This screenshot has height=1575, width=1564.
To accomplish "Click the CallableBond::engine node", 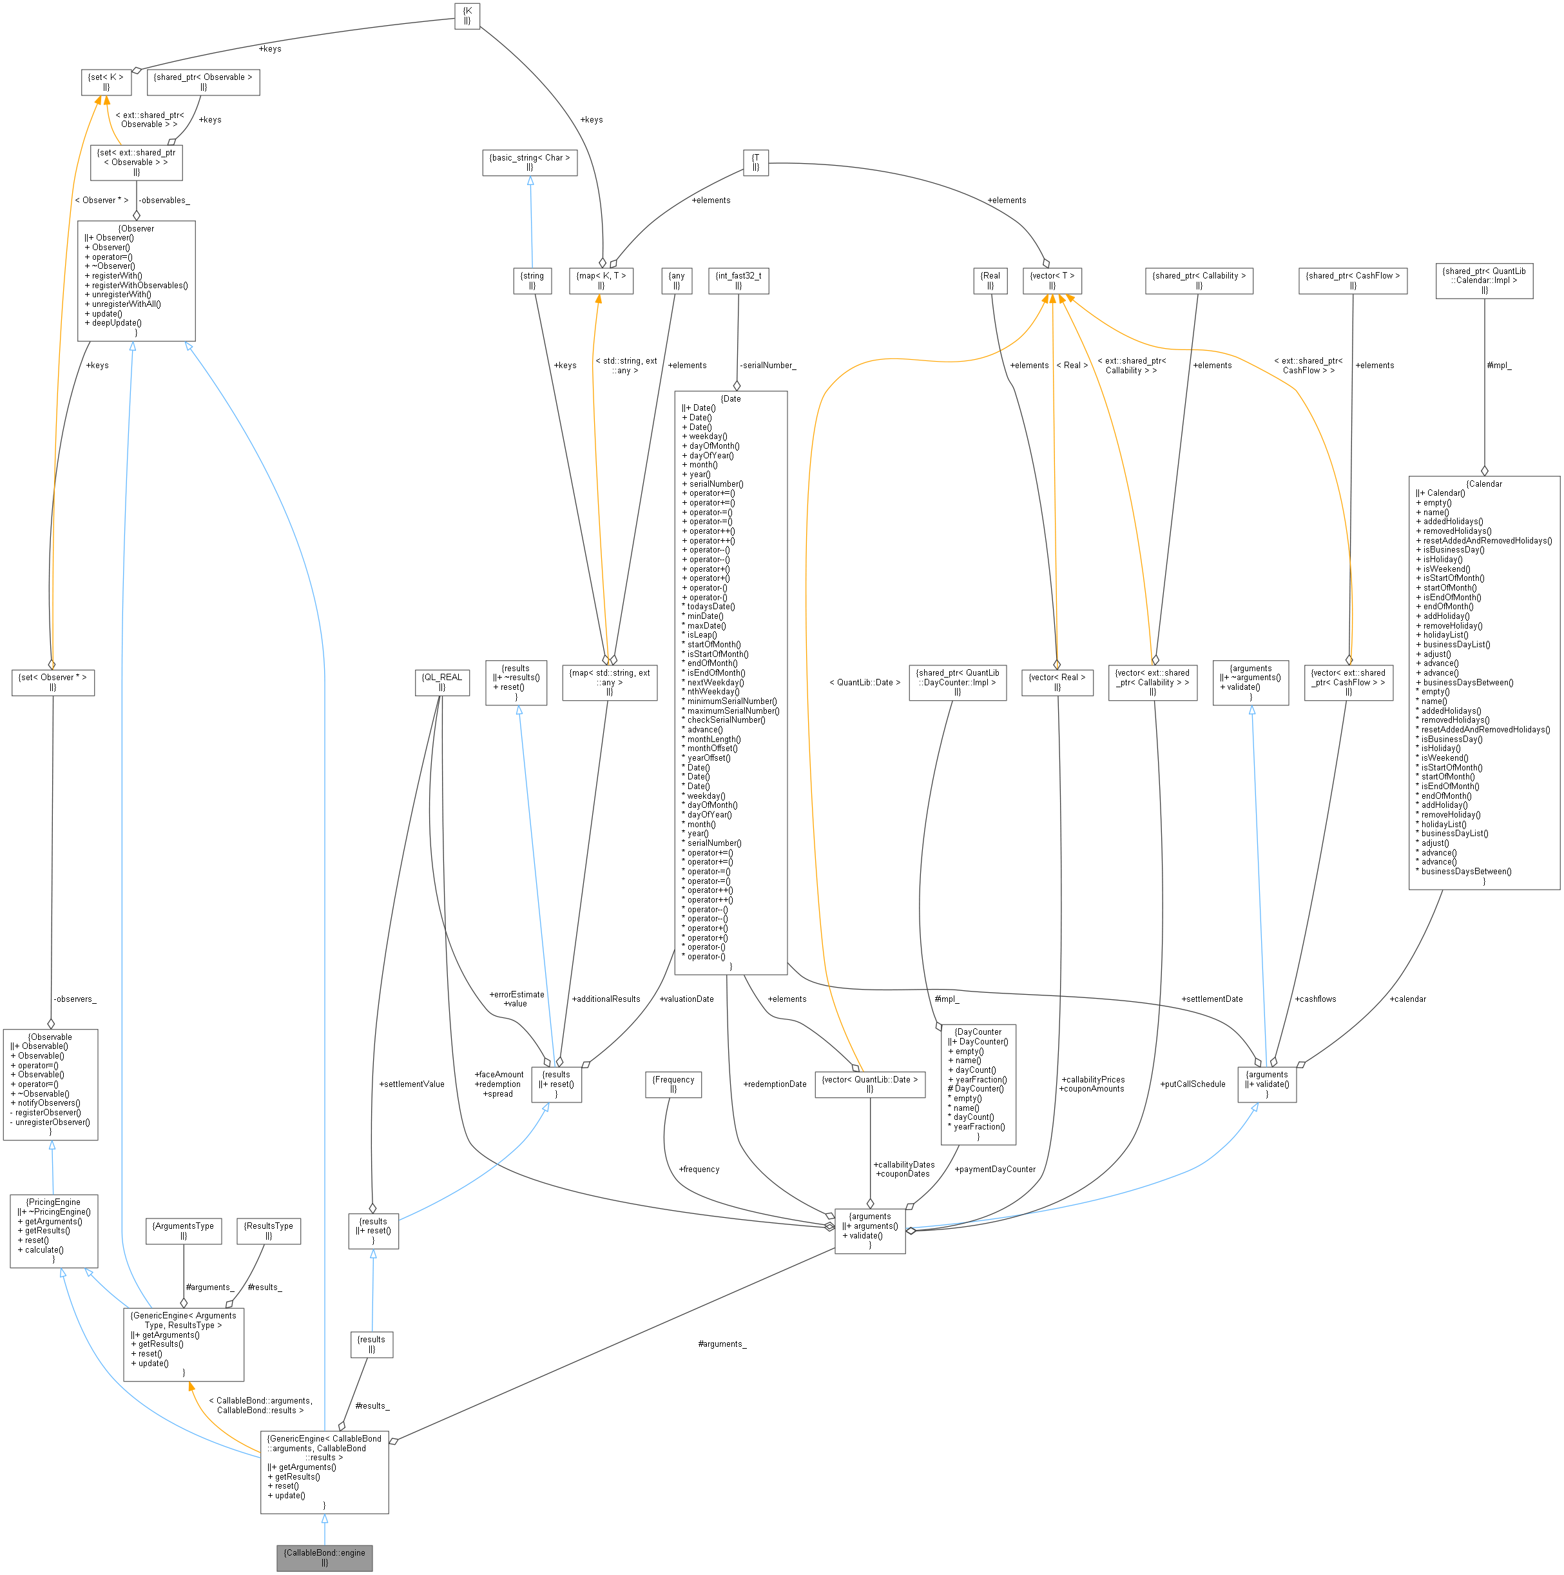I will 324,1557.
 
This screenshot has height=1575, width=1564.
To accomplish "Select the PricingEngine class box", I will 53,1231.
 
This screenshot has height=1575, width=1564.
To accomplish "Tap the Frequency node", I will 673,1084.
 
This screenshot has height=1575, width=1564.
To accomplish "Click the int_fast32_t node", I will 738,280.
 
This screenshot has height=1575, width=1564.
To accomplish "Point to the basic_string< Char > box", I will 530,162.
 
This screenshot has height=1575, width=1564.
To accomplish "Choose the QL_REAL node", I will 441,681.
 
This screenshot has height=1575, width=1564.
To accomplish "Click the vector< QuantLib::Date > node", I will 869,1084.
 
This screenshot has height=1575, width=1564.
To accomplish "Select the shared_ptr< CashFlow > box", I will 1353,280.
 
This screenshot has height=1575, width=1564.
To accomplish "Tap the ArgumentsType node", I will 184,1231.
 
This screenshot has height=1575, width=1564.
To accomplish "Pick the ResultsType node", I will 268,1231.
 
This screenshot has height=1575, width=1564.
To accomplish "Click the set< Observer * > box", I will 53,681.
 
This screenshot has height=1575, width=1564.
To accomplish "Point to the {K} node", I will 467,15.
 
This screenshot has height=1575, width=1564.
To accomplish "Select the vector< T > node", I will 1052,280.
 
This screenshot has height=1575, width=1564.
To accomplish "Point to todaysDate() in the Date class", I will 711,607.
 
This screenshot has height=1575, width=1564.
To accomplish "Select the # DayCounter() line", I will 976,1088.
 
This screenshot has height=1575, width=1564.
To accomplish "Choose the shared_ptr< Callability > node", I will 1199,280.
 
